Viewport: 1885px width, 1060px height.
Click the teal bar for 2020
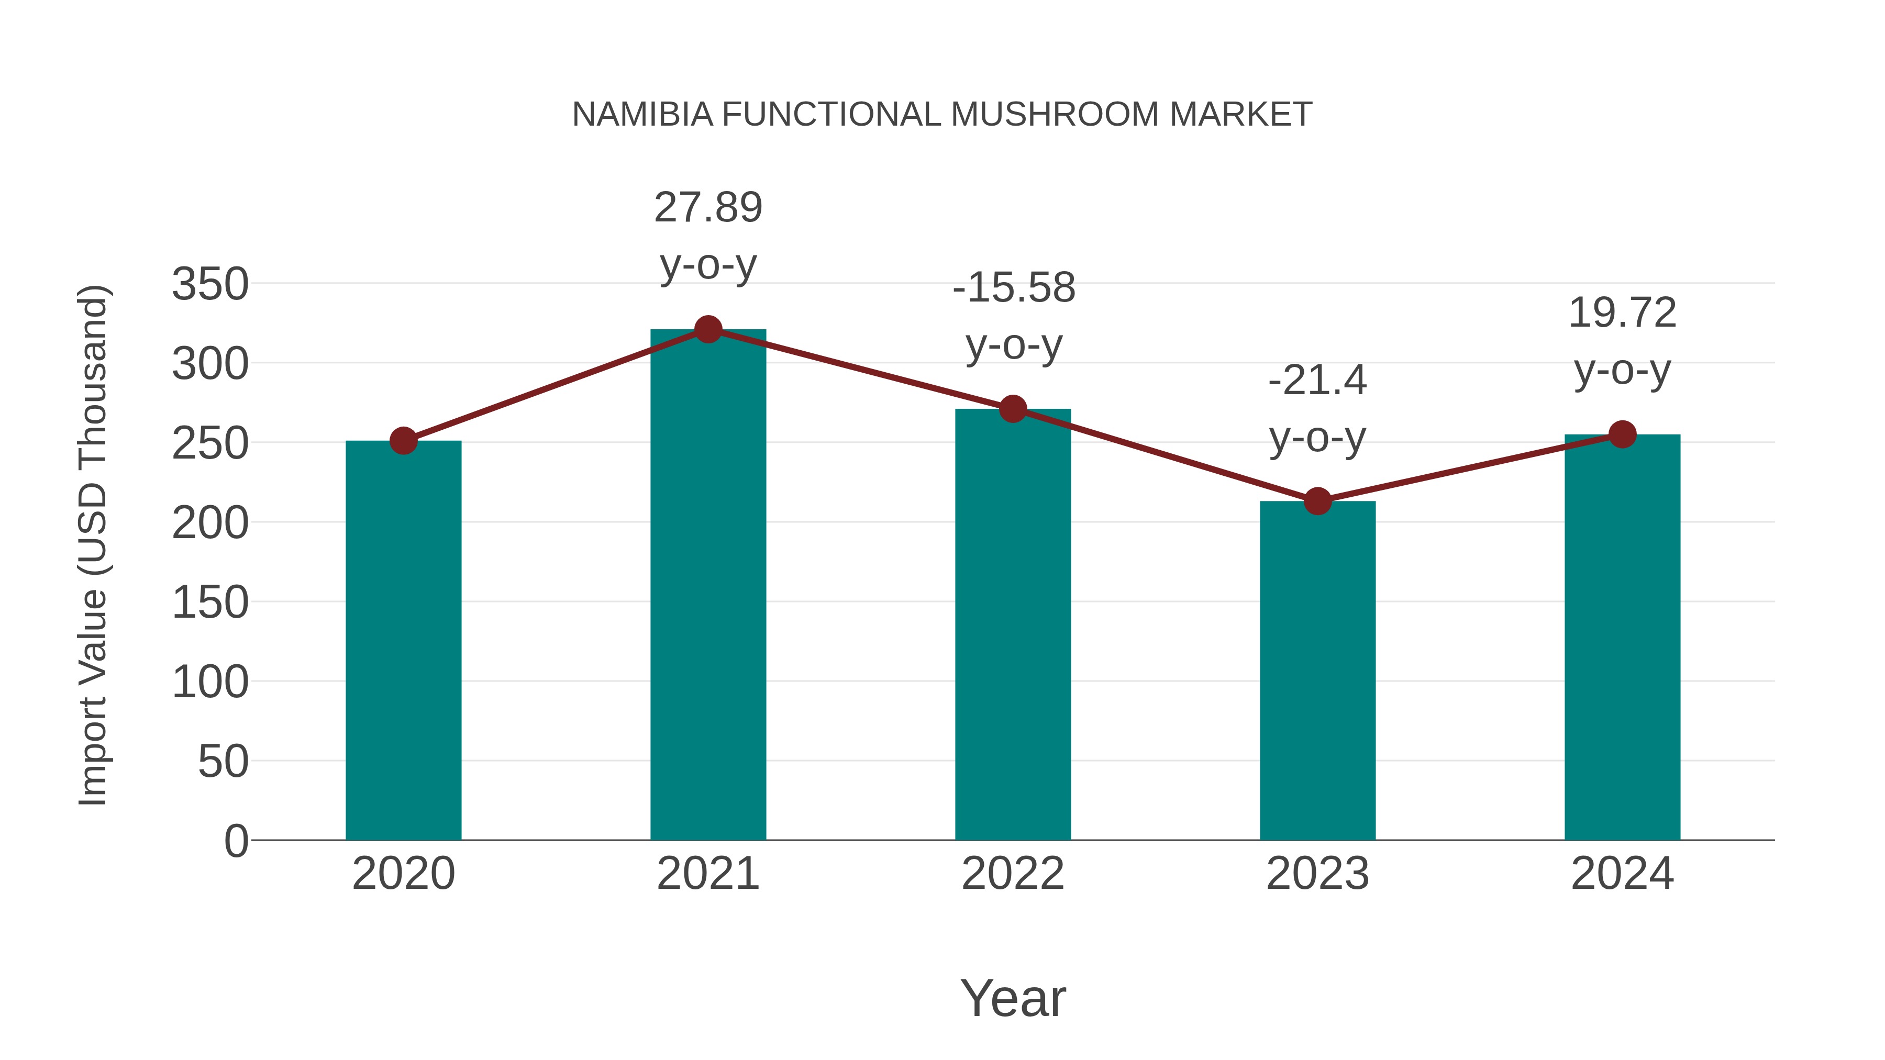(x=403, y=640)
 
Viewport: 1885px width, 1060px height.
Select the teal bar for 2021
(x=707, y=585)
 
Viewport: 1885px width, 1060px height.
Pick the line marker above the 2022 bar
(x=1013, y=409)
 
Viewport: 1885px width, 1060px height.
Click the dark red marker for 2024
(x=1622, y=434)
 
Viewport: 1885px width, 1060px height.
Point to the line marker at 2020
(x=403, y=441)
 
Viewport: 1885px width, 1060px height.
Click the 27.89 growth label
(x=707, y=208)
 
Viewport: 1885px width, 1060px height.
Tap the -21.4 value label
(x=1317, y=381)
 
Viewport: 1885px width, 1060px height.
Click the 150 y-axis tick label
(x=210, y=603)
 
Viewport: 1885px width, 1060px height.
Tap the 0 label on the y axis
(x=236, y=841)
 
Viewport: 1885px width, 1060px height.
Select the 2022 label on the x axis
(x=1013, y=874)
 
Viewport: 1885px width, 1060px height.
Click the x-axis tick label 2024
(x=1622, y=874)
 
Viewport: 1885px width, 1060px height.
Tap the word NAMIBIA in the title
(x=642, y=115)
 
